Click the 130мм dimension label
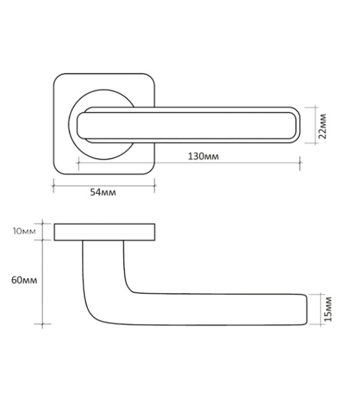click(203, 156)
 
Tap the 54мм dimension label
click(103, 192)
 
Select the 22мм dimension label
click(322, 126)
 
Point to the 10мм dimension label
click(24, 232)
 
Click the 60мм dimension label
click(24, 280)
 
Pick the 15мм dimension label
click(328, 309)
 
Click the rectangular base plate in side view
click(104, 232)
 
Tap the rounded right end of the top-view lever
click(297, 125)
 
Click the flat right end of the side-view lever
click(307, 310)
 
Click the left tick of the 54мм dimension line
click(53, 186)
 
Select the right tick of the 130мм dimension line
click(300, 163)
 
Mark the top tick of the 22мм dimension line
click(315, 107)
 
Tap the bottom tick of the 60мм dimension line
click(42, 324)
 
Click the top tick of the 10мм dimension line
click(42, 223)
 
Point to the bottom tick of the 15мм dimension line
click(321, 324)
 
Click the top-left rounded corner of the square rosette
click(58, 77)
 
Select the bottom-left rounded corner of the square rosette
click(58, 170)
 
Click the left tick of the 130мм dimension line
click(78, 163)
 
